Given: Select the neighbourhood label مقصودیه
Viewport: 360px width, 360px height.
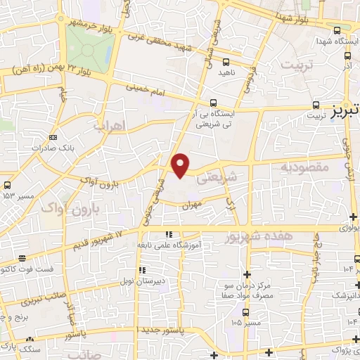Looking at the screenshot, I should pyautogui.click(x=304, y=167).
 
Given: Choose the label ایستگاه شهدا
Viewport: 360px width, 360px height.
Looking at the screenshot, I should pyautogui.click(x=335, y=41).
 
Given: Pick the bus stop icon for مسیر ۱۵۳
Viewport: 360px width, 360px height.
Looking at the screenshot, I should pyautogui.click(x=6, y=185).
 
